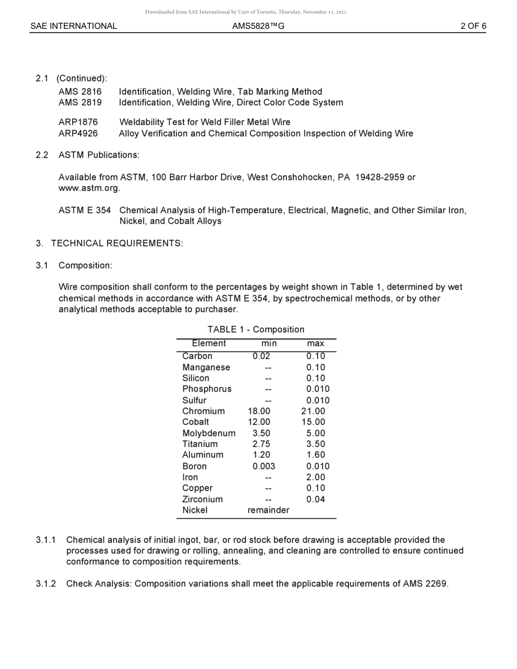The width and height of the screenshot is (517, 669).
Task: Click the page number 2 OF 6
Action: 473,26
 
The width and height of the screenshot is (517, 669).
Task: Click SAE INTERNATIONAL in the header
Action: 73,26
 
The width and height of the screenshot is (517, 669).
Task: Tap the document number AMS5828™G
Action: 258,26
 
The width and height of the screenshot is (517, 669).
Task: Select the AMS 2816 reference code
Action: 80,92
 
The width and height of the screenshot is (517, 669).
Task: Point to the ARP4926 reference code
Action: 78,133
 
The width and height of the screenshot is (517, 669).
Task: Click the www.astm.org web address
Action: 89,189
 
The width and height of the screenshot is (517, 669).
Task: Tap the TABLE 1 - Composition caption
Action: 256,330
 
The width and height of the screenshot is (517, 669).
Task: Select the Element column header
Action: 208,343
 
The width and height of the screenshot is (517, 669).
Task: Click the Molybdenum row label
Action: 208,433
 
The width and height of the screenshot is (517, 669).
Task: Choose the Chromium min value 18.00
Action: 259,411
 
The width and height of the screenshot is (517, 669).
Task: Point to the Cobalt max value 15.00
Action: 313,422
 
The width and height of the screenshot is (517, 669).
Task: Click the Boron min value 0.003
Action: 264,466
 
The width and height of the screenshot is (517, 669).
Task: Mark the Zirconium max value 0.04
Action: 316,499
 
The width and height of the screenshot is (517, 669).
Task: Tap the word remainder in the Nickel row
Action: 268,510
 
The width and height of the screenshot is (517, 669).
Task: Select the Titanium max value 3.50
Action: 316,444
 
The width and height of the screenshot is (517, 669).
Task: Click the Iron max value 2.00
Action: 316,478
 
